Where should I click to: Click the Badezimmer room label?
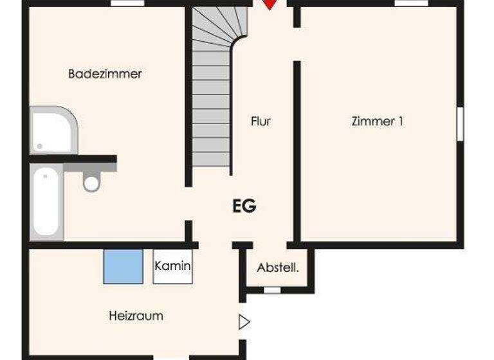pos(105,74)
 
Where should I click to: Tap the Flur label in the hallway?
pos(261,121)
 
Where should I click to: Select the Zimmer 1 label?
pos(377,121)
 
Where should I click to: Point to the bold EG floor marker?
pos(244,206)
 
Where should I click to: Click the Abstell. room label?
pos(278,267)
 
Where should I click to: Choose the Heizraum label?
pos(135,316)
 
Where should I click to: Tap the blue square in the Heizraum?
pos(123,266)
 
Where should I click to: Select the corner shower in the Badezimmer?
pos(53,130)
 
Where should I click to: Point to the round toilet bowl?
pos(92,183)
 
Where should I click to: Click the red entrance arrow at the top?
pos(270,4)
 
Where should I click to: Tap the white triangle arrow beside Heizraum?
pos(244,322)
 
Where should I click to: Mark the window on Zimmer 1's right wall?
pos(460,123)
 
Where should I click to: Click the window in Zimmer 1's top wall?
pos(411,3)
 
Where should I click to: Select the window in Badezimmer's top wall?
pos(127,3)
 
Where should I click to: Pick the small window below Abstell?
pos(272,290)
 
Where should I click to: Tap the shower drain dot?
pos(39,146)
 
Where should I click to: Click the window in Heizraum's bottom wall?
pos(171,357)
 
